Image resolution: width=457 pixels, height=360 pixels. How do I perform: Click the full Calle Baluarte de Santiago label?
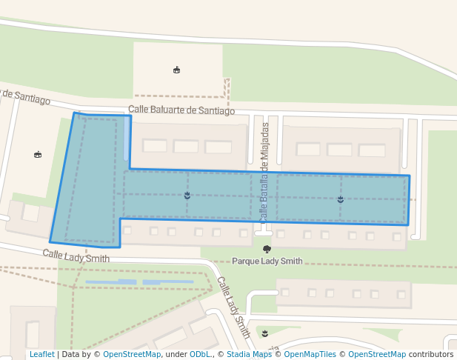(181, 110)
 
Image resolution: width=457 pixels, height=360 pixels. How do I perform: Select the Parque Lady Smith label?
(267, 261)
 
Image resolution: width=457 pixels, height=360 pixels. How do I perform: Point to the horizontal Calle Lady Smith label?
(76, 256)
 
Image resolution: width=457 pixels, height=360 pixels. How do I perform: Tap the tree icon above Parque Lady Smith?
(267, 250)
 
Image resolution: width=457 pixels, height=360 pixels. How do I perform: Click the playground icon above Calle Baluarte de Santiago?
(176, 70)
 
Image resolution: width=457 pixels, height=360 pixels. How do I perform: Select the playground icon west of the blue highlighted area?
(38, 154)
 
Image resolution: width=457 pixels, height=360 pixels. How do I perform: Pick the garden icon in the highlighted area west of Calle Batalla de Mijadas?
(187, 196)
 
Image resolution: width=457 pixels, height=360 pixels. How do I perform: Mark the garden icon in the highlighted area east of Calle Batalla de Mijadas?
(341, 199)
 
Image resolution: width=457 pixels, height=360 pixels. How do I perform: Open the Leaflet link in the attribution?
(41, 355)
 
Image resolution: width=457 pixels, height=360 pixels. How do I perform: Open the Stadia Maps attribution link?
(248, 355)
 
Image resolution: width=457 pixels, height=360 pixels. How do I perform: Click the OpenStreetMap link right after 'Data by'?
(132, 355)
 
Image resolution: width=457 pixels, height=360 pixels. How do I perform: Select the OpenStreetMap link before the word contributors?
(376, 355)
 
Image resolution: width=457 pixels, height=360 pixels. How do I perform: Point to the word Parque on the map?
(246, 261)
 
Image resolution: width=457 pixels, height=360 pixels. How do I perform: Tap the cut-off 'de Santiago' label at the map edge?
(25, 96)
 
